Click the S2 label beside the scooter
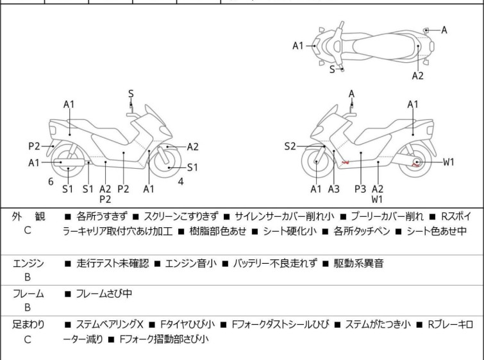290,147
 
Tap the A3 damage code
333,189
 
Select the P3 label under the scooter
360,189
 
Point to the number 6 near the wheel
51,182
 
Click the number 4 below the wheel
181,182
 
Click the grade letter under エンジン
27,277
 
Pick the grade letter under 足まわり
27,339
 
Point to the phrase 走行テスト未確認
113,264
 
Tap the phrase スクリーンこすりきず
182,218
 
